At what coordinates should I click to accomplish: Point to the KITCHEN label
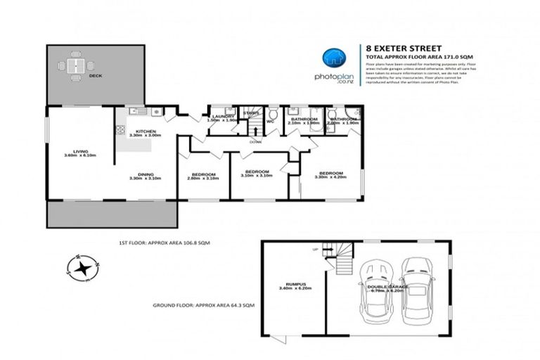(x=146, y=131)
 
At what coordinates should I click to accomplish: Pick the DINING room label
(x=146, y=174)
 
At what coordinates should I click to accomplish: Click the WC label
(x=270, y=122)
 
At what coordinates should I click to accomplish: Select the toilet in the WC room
(x=273, y=112)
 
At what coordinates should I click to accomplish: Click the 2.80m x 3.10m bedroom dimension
(x=205, y=179)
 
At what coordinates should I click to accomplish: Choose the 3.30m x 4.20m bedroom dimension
(x=330, y=179)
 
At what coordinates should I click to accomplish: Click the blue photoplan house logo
(x=335, y=58)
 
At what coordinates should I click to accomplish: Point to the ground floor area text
(x=204, y=306)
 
